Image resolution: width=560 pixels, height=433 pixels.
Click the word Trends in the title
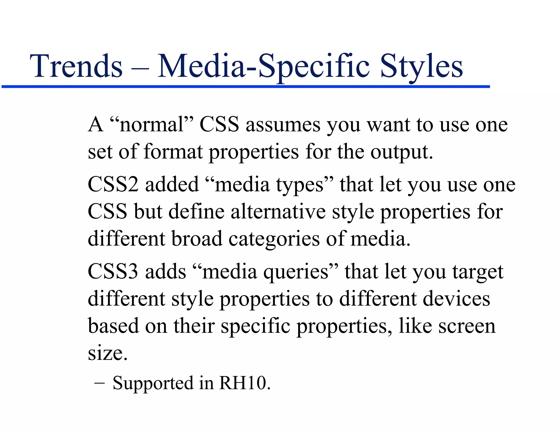76,66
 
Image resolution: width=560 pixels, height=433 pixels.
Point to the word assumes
283,125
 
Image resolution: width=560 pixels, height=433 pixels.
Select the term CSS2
113,184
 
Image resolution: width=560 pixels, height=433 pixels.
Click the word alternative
278,212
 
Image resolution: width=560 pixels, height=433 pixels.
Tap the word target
478,272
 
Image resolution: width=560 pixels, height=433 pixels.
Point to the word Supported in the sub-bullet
153,383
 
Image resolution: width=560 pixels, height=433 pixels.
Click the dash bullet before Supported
99,383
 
